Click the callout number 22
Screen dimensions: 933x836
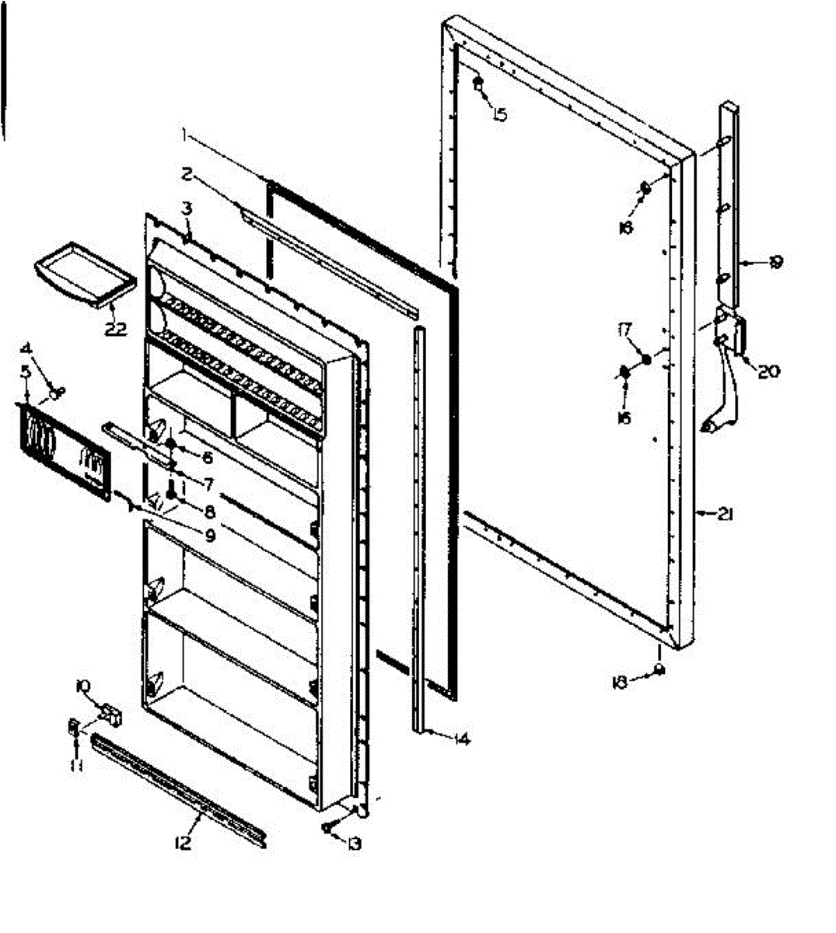(x=114, y=328)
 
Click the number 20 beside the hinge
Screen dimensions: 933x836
(x=768, y=372)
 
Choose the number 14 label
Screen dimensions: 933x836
(x=462, y=739)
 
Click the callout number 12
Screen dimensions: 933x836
(x=184, y=843)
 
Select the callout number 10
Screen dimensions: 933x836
(x=82, y=686)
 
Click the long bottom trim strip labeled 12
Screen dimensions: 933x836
(x=179, y=787)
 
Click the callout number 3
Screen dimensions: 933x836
(x=187, y=209)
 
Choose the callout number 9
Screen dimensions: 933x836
(x=209, y=535)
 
